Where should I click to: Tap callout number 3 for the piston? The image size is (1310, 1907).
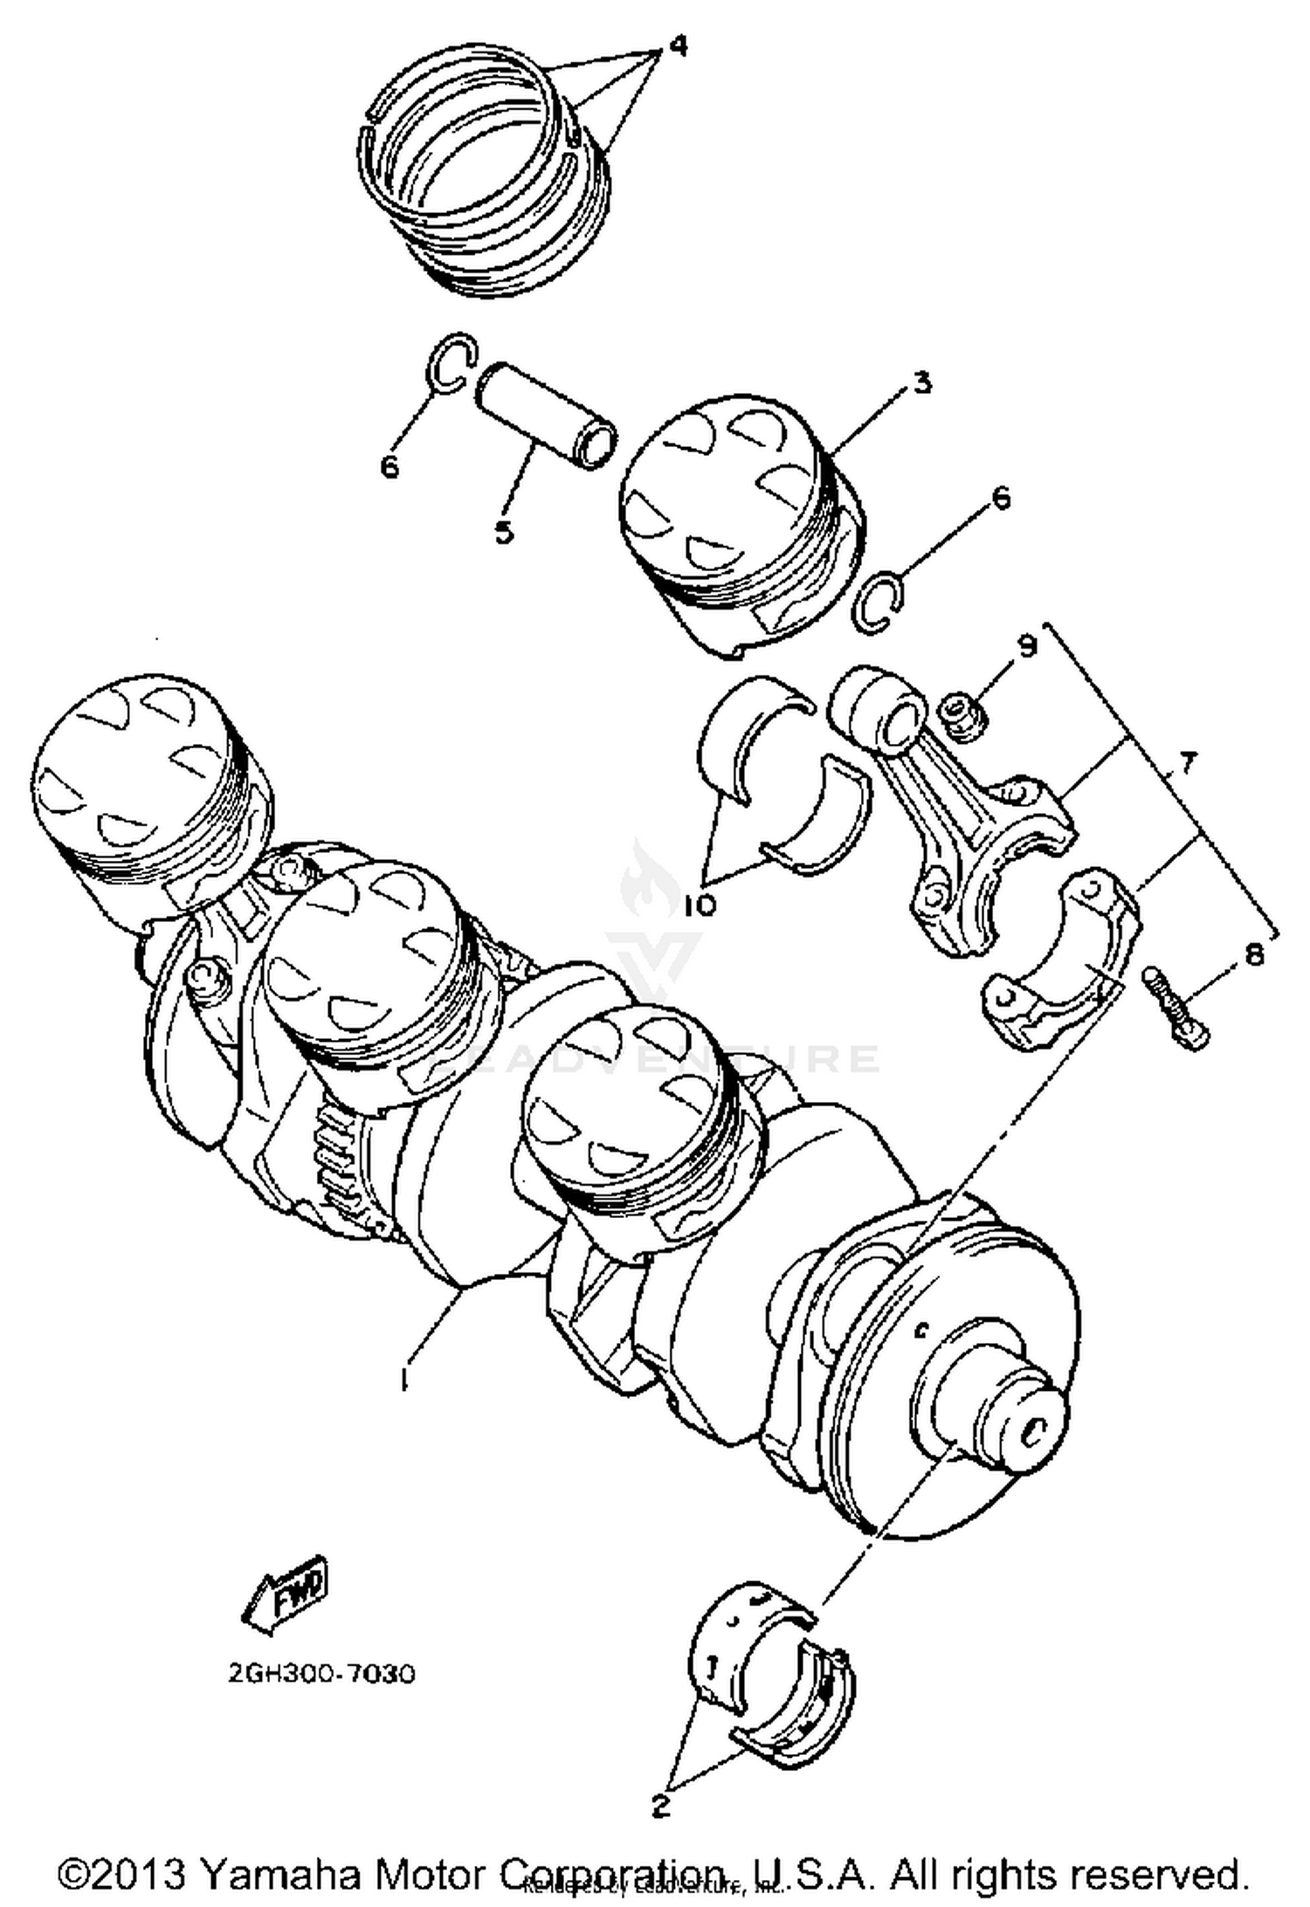922,383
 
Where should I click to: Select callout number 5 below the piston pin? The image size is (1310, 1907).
504,531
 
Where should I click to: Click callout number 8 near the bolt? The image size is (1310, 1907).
1253,954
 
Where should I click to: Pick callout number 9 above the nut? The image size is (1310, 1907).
1027,647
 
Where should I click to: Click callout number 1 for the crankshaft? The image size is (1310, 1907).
403,1380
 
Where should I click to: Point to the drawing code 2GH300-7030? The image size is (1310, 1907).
321,1673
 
